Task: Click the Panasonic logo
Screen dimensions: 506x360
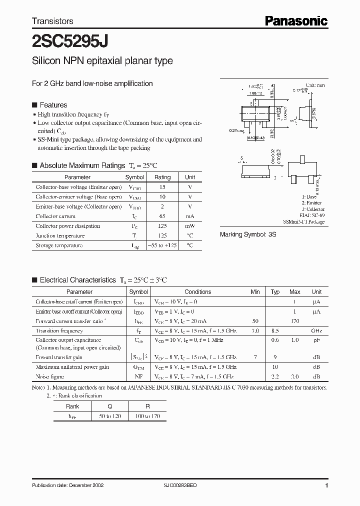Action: pyautogui.click(x=295, y=20)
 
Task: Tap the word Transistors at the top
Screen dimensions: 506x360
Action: pyautogui.click(x=52, y=21)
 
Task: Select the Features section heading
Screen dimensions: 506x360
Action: pyautogui.click(x=53, y=105)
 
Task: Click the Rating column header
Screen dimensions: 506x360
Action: pyautogui.click(x=162, y=177)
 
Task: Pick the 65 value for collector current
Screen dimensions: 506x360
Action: pyautogui.click(x=162, y=216)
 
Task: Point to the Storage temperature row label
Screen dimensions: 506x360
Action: pyautogui.click(x=58, y=245)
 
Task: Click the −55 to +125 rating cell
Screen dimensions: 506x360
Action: pyautogui.click(x=162, y=245)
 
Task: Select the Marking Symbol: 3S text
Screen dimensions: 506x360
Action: pyautogui.click(x=248, y=234)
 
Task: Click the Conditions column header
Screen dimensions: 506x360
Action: pyautogui.click(x=197, y=292)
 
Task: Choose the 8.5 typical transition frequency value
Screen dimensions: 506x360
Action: pyautogui.click(x=275, y=331)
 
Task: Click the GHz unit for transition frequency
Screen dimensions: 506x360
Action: pyautogui.click(x=316, y=331)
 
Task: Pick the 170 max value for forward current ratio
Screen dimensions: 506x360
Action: pyautogui.click(x=294, y=321)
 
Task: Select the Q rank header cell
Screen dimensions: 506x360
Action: pyautogui.click(x=109, y=406)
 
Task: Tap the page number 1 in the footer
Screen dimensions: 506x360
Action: pyautogui.click(x=326, y=485)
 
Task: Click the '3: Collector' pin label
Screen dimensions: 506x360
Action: pyautogui.click(x=313, y=209)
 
